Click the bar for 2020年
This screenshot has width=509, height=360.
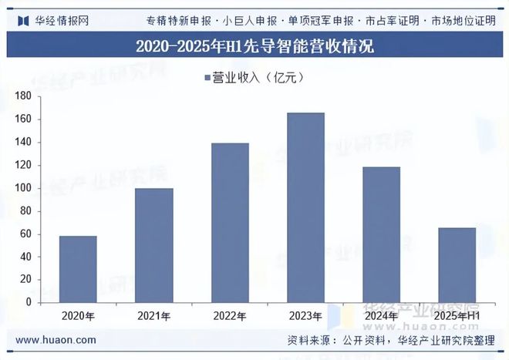click(78, 269)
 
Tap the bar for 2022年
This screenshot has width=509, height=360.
click(229, 223)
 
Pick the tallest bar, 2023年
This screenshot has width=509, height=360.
click(305, 207)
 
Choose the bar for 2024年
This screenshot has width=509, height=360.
click(381, 234)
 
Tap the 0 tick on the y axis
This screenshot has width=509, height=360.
click(28, 302)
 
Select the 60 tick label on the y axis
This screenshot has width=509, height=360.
click(25, 234)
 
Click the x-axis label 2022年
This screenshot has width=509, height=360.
click(229, 316)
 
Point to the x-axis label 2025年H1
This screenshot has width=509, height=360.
click(457, 316)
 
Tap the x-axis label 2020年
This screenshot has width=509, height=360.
click(78, 316)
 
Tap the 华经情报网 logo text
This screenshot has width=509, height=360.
click(62, 20)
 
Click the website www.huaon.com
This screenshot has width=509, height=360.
click(56, 340)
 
